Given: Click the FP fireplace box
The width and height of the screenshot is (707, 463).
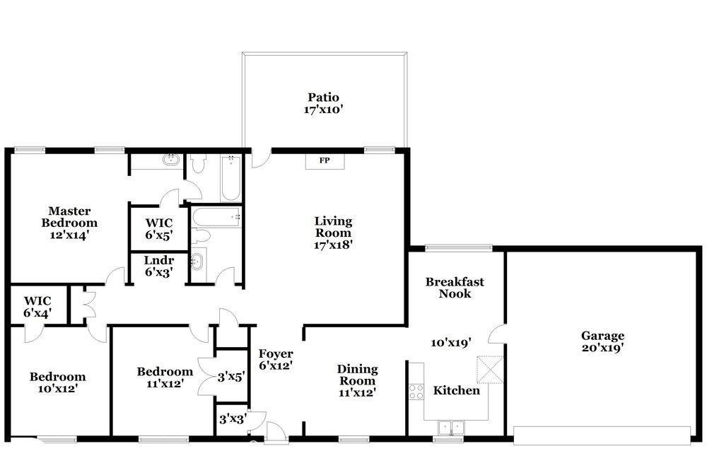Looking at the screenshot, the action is (x=325, y=161).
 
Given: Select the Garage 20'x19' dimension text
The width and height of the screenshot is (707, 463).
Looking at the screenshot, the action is (x=602, y=348).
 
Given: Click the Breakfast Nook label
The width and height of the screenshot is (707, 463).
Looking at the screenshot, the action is (x=455, y=288).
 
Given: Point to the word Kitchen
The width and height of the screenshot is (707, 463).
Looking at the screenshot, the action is (x=456, y=390).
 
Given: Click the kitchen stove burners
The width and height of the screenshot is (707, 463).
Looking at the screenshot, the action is (x=416, y=392).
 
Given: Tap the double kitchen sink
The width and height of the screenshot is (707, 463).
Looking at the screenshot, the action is (x=451, y=427).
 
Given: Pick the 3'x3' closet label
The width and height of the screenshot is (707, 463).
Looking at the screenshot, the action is (x=232, y=419).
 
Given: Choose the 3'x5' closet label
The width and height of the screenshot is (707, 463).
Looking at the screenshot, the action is (x=231, y=377).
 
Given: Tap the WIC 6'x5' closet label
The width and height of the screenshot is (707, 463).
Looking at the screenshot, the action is (x=159, y=228).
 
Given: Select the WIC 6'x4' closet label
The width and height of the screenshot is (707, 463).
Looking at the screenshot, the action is (x=37, y=307).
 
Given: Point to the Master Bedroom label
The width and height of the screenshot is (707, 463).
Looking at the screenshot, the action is (x=69, y=223).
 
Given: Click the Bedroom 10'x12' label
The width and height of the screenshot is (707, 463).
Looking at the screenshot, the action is (x=58, y=382).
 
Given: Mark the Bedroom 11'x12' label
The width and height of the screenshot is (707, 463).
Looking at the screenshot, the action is (x=165, y=377).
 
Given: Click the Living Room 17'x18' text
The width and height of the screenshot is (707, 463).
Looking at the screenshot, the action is (x=333, y=233).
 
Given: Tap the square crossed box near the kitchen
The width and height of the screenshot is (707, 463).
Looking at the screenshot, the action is (x=491, y=370).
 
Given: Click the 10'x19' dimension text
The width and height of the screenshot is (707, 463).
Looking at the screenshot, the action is (x=451, y=343).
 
